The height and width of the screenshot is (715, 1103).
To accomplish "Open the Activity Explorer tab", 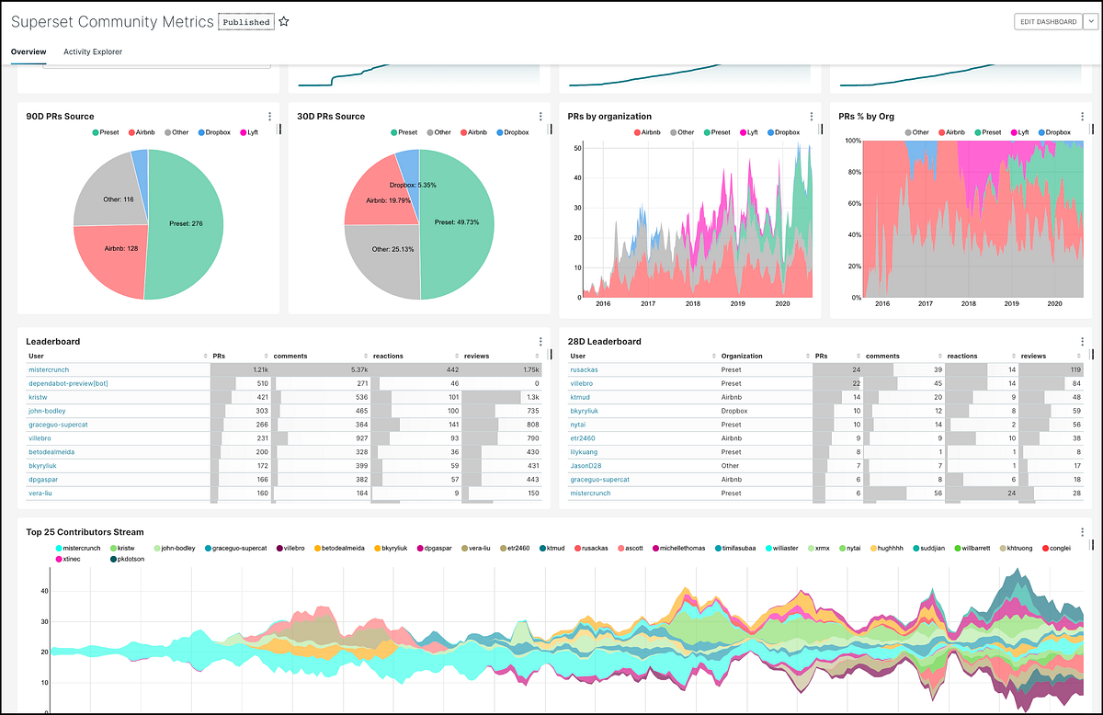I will tap(93, 52).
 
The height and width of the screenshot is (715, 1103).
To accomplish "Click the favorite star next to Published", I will tap(284, 21).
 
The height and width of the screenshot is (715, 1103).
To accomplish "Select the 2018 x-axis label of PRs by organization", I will tap(692, 303).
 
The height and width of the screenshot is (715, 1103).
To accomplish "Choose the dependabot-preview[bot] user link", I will tap(68, 383).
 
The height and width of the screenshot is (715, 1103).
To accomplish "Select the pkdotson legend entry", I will tap(133, 559).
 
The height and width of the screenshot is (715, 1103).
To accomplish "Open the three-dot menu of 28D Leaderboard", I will tap(1083, 342).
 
